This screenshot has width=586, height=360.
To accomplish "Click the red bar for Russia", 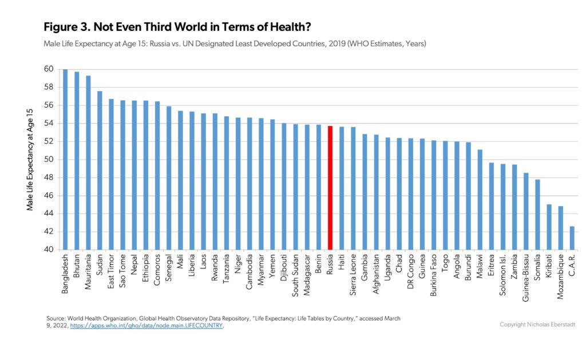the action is tap(330, 188).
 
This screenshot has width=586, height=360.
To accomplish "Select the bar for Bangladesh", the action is tap(65, 159).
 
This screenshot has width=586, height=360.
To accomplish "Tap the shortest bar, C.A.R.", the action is tap(572, 238).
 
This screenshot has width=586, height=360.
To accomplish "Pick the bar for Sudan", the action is tap(100, 171).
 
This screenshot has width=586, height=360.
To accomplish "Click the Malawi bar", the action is tap(480, 200).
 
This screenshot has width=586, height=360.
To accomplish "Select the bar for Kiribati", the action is tap(549, 227).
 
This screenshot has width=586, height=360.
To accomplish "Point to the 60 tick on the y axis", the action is tap(49, 69).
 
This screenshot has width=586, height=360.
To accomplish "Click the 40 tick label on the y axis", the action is tap(49, 250).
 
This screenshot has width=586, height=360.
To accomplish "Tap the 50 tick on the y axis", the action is tap(49, 159).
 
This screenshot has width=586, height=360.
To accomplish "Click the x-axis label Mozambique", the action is tap(560, 276).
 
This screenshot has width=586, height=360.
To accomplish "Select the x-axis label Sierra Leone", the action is tap(353, 275).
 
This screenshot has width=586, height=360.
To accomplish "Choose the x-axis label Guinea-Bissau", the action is tap(526, 278).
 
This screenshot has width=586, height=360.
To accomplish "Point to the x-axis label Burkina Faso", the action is tap(434, 275).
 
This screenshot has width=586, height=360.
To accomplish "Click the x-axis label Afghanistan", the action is tap(376, 274).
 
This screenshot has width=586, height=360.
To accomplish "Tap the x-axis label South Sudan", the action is tap(295, 275).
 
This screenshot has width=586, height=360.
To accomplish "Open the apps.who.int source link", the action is tap(146, 326).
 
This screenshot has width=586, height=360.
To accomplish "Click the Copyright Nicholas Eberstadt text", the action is tap(537, 325).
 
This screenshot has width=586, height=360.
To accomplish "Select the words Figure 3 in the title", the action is tap(66, 27).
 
